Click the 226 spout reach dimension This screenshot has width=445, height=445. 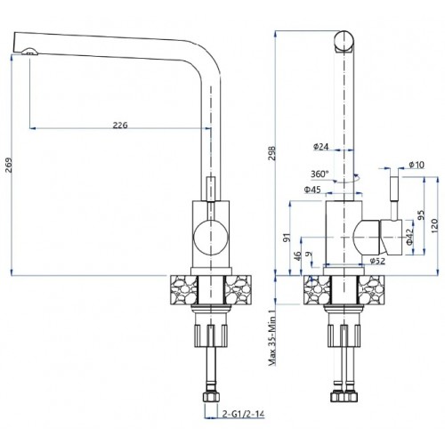coord(120,125)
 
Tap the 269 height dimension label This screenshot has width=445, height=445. coord(8,166)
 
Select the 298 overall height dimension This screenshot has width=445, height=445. coord(271,153)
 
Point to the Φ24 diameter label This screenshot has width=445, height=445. coord(321,146)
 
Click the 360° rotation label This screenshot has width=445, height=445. coord(320,174)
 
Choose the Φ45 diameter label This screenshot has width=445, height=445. coord(312,190)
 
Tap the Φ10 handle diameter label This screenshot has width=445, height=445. coord(417,165)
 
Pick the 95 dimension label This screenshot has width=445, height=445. coord(421,214)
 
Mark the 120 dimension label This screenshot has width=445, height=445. coord(433,226)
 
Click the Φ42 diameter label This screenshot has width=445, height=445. coord(410,237)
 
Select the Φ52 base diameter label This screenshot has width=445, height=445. coord(377,261)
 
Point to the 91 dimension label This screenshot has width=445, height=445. coord(287,238)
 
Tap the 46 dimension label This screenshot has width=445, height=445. coord(297,256)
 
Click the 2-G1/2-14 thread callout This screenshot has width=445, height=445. coord(243,414)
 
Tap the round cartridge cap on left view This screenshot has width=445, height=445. coord(211,238)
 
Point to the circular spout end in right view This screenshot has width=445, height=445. coord(344,41)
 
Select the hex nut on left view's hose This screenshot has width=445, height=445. coord(211,397)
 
